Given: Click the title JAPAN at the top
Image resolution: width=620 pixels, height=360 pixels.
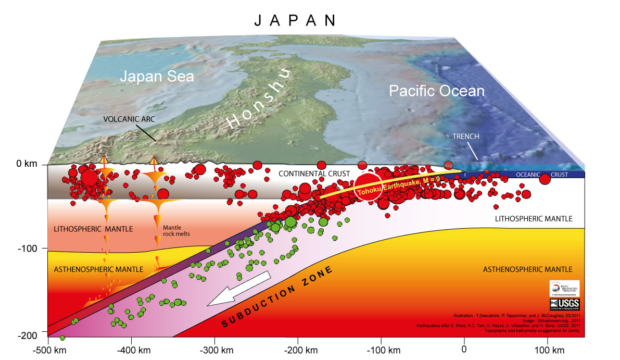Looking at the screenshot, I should click(x=294, y=20).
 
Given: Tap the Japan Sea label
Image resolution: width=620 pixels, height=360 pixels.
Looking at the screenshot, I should click(x=157, y=77).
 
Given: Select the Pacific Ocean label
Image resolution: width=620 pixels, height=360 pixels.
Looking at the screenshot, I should click(x=437, y=91).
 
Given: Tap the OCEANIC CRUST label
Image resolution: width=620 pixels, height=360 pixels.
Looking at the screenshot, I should click(x=542, y=175).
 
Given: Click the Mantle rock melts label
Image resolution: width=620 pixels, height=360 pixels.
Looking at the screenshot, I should click(x=176, y=231).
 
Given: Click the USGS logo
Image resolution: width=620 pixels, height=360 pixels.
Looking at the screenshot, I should click(x=564, y=304).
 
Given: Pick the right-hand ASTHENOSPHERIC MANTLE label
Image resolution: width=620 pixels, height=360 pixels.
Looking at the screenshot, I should click(x=527, y=269).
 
